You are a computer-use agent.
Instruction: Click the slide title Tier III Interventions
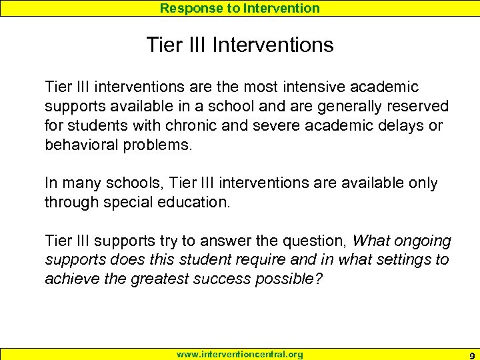coord(240,45)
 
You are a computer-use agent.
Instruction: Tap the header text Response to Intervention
coord(240,8)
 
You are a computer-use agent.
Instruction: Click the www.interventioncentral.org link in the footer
coord(239,355)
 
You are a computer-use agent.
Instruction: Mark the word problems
coord(160,145)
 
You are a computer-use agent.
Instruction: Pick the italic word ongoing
coord(425,241)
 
